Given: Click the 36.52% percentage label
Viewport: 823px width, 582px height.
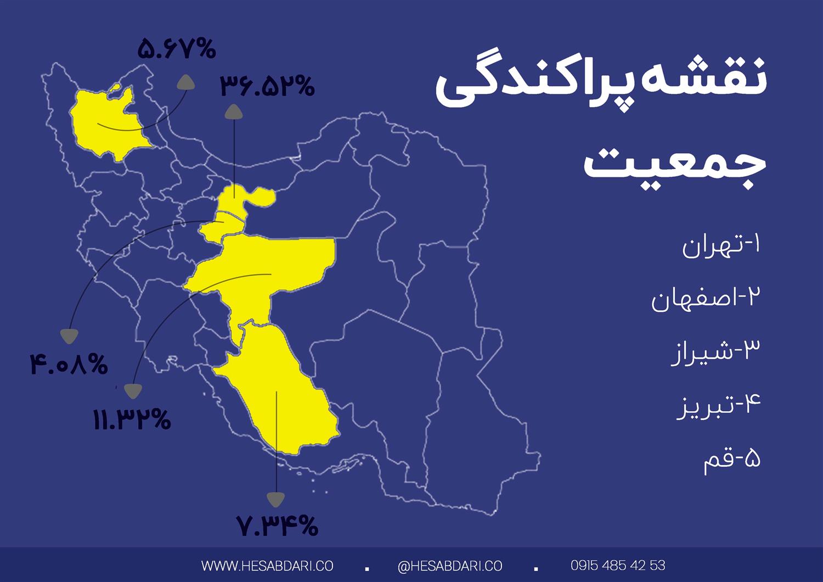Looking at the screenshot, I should pyautogui.click(x=268, y=86).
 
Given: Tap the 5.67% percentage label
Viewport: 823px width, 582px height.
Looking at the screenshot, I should pyautogui.click(x=177, y=49).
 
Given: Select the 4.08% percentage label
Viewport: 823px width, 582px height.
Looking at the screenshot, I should pyautogui.click(x=69, y=365).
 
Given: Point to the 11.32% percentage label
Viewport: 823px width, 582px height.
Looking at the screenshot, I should pyautogui.click(x=132, y=420).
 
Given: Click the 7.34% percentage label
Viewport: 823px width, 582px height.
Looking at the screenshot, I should pyautogui.click(x=278, y=525).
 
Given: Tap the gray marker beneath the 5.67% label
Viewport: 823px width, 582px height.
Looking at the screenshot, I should pyautogui.click(x=185, y=82).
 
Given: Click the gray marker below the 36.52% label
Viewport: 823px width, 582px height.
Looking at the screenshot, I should pyautogui.click(x=234, y=112).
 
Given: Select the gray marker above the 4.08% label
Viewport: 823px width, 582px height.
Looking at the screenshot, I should pyautogui.click(x=69, y=336).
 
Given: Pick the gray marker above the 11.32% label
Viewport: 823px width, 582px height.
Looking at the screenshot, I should pyautogui.click(x=133, y=390).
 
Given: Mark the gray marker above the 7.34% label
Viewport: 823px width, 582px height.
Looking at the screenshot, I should pyautogui.click(x=275, y=499).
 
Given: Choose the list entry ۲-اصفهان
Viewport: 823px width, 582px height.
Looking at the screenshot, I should pyautogui.click(x=706, y=299).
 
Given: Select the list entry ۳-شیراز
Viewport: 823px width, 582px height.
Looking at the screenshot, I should pyautogui.click(x=716, y=351).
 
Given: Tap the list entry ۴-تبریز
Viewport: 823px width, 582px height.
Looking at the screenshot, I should pyautogui.click(x=718, y=406).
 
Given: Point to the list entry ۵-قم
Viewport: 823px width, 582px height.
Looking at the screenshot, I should pyautogui.click(x=732, y=460).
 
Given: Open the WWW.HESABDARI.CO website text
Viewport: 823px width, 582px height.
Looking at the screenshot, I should pyautogui.click(x=267, y=566).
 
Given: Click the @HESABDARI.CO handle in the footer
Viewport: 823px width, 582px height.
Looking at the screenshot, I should pyautogui.click(x=450, y=566).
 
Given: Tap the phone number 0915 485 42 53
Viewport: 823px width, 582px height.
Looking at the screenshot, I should pyautogui.click(x=618, y=565).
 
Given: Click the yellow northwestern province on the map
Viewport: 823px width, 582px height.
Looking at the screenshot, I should pyautogui.click(x=107, y=121).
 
